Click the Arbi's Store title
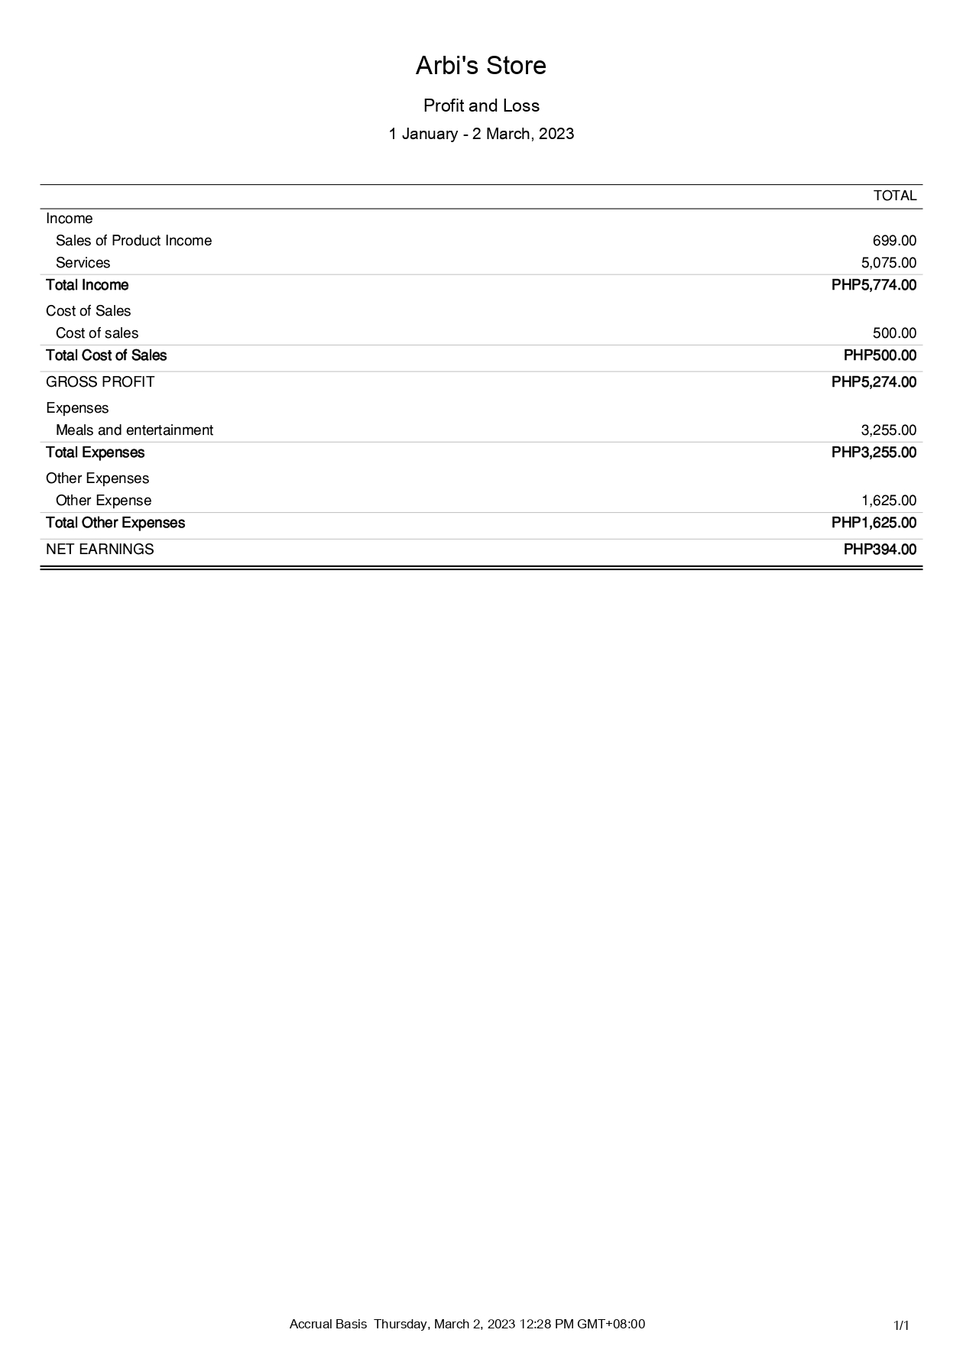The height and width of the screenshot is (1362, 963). tap(481, 66)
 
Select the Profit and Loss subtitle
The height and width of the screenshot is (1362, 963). tap(481, 105)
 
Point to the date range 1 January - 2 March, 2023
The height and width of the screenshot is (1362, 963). tap(481, 134)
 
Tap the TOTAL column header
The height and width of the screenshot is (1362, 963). tap(894, 196)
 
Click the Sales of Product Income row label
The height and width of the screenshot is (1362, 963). tap(134, 241)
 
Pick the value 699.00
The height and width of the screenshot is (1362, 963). tap(894, 241)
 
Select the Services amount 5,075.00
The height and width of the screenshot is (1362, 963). tap(888, 263)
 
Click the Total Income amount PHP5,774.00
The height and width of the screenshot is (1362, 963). tap(874, 285)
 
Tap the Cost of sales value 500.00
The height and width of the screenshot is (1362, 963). tap(894, 333)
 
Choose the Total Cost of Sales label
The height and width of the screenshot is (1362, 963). tap(106, 355)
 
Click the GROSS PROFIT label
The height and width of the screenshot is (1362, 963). tap(100, 382)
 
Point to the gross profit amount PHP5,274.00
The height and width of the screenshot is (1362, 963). tap(874, 382)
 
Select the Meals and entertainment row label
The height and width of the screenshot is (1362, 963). tap(135, 430)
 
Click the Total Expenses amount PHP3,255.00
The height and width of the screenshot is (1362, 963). tap(874, 452)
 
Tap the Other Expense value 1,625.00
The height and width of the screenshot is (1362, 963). tap(888, 501)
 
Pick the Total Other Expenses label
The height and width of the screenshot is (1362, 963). tap(115, 523)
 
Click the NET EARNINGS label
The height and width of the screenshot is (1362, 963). tap(100, 550)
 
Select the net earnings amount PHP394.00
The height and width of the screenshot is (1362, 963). tap(880, 550)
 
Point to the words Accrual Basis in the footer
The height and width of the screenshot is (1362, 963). tap(328, 1324)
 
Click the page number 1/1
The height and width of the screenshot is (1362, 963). tap(901, 1325)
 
